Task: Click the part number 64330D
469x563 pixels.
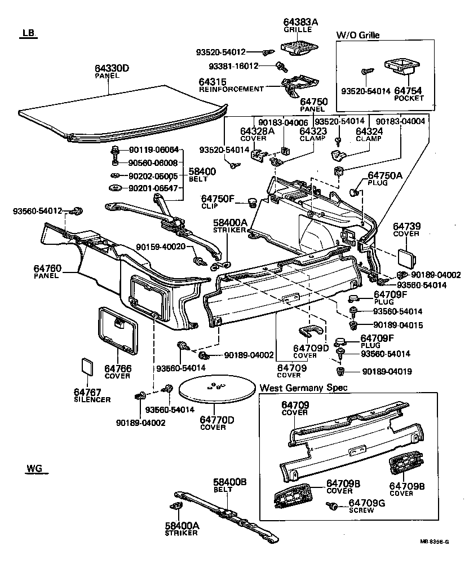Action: [112, 68]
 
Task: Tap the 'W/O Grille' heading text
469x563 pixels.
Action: [358, 35]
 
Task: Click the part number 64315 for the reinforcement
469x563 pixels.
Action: [212, 82]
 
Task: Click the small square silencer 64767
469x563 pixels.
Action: [87, 366]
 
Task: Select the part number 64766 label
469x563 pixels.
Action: [117, 368]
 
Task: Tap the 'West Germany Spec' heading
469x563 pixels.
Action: [303, 388]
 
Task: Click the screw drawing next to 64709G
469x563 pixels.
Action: [333, 506]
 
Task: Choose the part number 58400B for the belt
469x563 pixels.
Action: [229, 482]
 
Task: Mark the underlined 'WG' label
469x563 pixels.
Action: [33, 469]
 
